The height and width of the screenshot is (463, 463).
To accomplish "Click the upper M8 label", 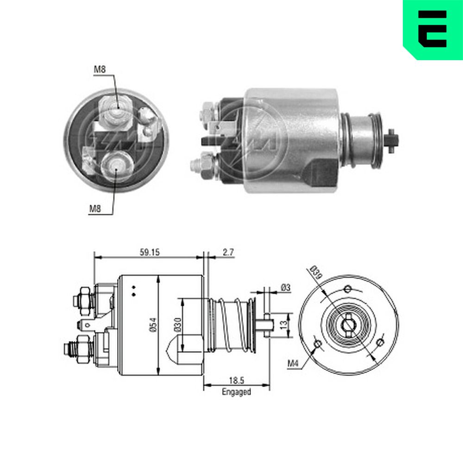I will pos(100,70).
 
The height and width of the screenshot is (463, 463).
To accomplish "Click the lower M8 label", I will pos(95,209).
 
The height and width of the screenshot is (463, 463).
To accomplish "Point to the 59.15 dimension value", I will pos(150,252).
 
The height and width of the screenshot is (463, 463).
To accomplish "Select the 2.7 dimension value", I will pos(228,252).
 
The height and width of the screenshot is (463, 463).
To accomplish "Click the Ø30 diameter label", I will pos(179,325).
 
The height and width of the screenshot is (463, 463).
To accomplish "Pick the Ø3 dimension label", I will pos(285,288).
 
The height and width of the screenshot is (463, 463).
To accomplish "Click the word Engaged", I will pos(236,392).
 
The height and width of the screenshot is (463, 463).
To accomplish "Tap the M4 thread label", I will pos(292,363).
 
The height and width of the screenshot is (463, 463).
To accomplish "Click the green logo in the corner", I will pos(432,29).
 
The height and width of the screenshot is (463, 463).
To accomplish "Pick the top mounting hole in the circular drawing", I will pos(348,289).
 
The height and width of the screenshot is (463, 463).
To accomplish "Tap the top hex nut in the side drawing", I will pos(83,298).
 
